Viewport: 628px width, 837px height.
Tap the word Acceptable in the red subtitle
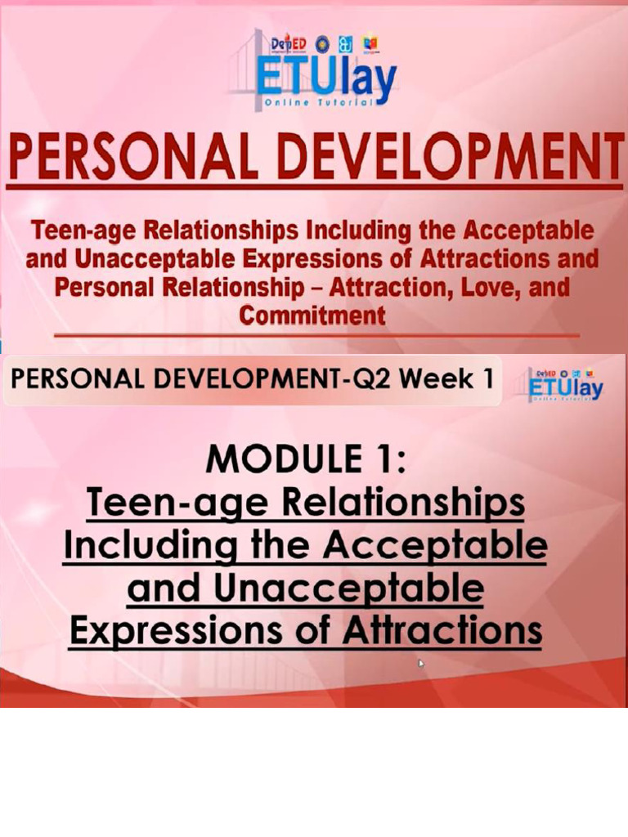(536, 231)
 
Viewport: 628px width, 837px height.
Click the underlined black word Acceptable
(434, 546)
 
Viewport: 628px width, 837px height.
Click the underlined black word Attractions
(442, 630)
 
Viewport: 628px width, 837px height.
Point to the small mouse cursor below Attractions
(422, 664)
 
